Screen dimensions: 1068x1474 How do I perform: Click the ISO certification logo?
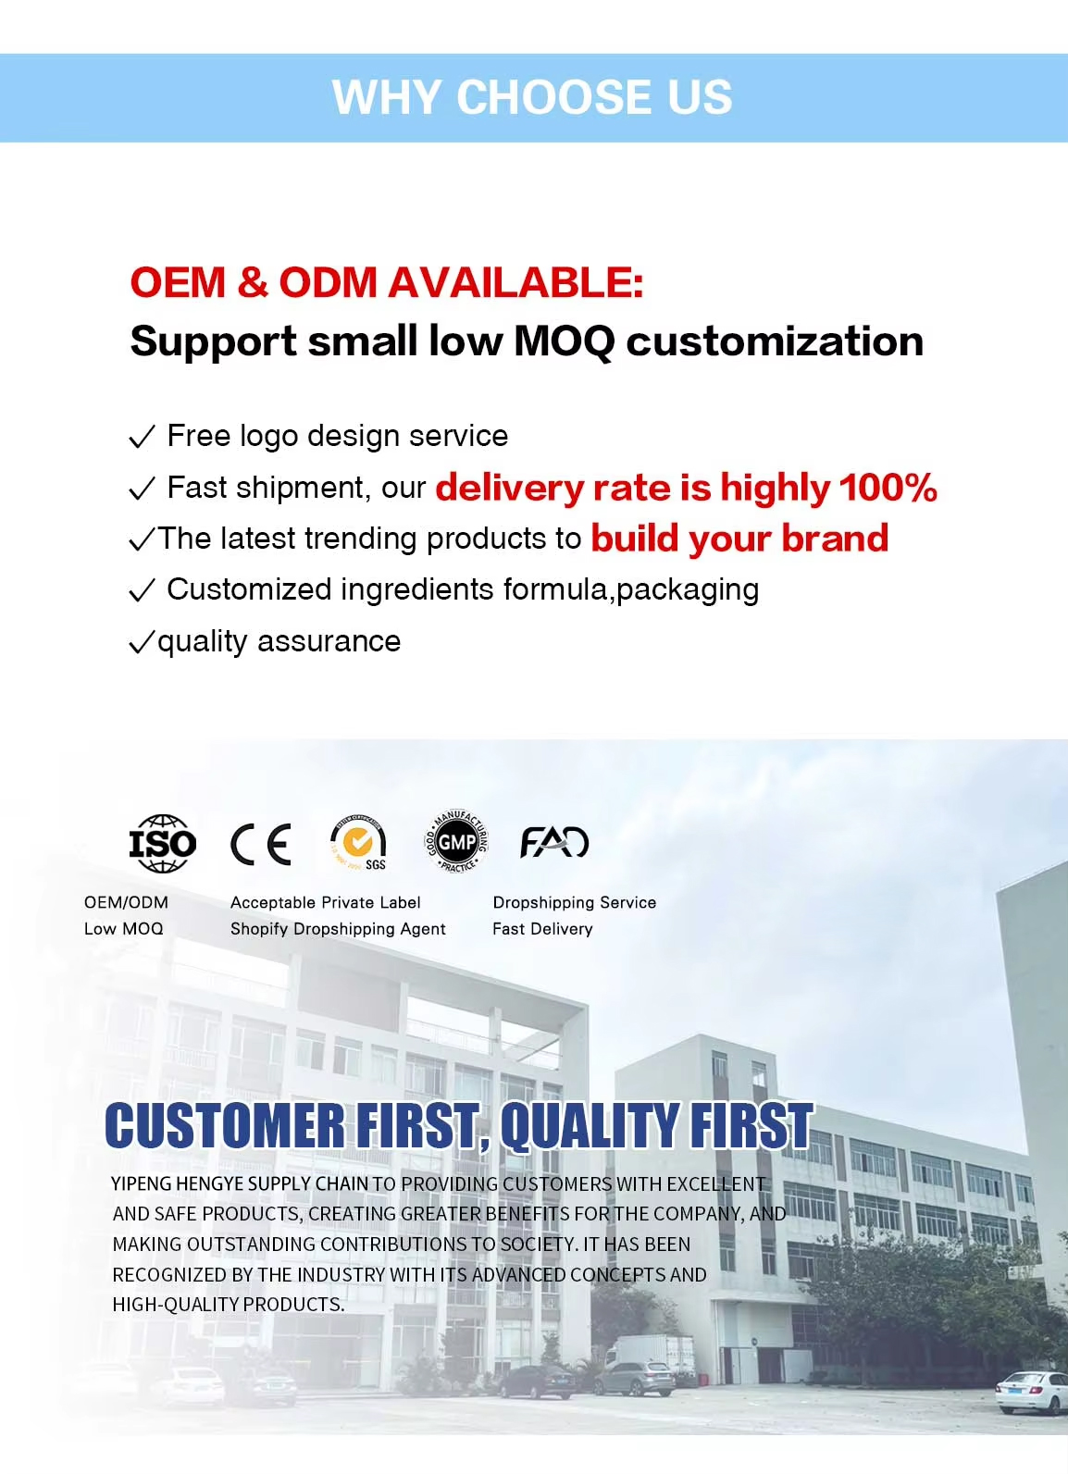coord(163,843)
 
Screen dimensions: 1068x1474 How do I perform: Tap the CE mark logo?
coord(261,844)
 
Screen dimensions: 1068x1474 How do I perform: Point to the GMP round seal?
coord(456,842)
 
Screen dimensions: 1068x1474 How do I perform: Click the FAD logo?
coord(554,842)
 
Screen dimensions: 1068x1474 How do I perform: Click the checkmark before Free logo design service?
coord(142,436)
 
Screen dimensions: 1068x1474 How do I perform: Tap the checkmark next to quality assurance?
coord(142,641)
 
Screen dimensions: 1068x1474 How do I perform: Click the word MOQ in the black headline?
coord(564,341)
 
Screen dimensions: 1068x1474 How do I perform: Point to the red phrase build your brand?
coord(739,539)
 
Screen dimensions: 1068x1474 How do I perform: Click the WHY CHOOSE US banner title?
coord(532,97)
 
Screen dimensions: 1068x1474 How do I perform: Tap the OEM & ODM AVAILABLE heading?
coord(387,282)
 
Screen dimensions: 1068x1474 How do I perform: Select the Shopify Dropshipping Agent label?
coord(338,928)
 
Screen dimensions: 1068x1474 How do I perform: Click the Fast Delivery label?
coord(543,928)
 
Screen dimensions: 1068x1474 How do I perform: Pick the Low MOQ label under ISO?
coord(124,928)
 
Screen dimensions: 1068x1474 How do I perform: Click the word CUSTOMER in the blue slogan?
coord(225,1126)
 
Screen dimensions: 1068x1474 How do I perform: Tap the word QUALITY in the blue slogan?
coord(590,1126)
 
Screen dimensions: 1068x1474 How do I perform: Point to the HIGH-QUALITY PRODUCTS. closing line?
coord(229,1305)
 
